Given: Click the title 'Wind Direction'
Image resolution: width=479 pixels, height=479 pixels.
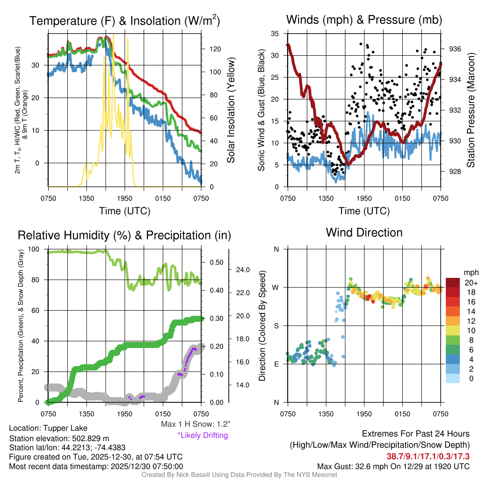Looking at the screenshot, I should click(364, 232).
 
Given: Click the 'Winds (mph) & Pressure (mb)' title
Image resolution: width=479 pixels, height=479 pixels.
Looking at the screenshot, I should click(364, 20).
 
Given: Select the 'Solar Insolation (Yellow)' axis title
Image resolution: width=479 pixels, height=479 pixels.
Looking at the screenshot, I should click(231, 110).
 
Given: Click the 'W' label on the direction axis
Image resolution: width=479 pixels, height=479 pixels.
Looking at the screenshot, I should click(276, 287).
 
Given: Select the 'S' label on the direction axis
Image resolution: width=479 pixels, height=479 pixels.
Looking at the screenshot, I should click(276, 326).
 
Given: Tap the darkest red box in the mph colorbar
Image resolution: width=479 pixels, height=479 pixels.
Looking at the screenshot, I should click(452, 283).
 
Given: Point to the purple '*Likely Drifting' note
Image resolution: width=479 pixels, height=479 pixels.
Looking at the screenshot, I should click(203, 435).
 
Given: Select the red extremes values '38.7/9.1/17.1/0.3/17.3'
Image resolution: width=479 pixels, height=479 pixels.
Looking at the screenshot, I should click(428, 456).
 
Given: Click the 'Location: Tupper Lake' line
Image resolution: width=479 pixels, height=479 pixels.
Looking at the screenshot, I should click(48, 428).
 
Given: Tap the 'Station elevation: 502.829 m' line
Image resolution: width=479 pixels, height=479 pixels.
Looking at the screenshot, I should click(59, 438).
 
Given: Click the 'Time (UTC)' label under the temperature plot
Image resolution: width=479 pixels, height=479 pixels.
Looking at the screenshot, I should click(124, 211).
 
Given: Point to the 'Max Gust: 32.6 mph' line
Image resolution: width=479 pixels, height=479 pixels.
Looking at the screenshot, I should click(393, 466).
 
